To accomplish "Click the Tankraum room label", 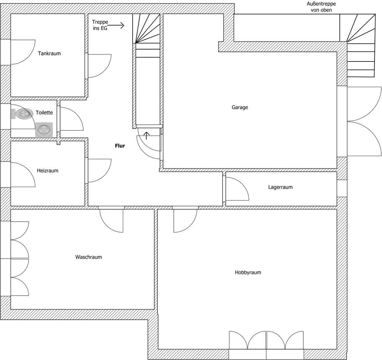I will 49,54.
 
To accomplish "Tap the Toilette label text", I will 44,113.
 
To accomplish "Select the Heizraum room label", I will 48,171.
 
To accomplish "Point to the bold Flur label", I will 120,146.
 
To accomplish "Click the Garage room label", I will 239,107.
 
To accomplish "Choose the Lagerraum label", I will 280,187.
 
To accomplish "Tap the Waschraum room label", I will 88,257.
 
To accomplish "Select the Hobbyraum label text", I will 248,272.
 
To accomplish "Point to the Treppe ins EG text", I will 100,25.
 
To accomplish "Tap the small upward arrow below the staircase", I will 147,135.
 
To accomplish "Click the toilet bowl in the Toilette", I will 23,113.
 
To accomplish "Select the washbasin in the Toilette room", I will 44,130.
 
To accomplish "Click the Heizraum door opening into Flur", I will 98,171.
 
